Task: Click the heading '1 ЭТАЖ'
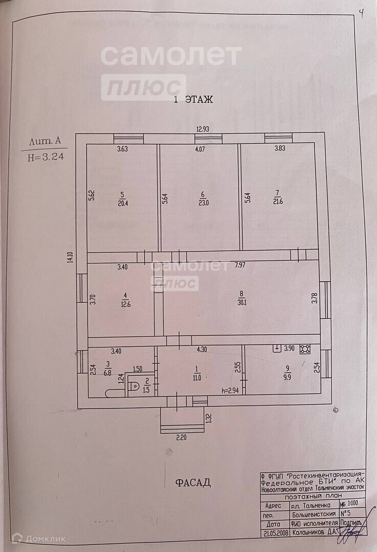point(193,100)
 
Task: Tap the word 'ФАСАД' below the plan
point(193,482)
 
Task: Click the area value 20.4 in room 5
point(122,202)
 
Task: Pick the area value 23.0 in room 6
point(203,202)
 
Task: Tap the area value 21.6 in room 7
point(278,201)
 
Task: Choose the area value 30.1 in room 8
point(242,302)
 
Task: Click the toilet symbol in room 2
point(135,386)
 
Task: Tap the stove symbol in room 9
point(306,349)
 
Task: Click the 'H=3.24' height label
point(46,157)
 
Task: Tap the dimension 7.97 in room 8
point(240,265)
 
